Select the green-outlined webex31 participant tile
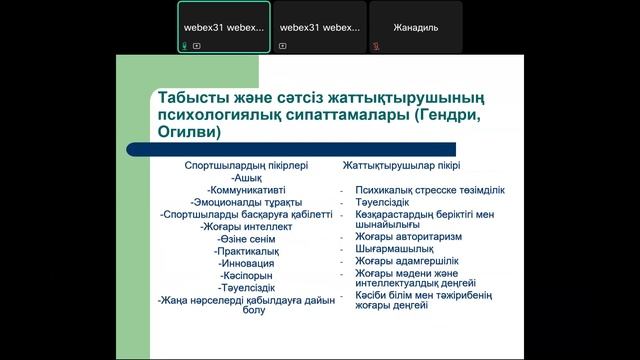223,27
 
